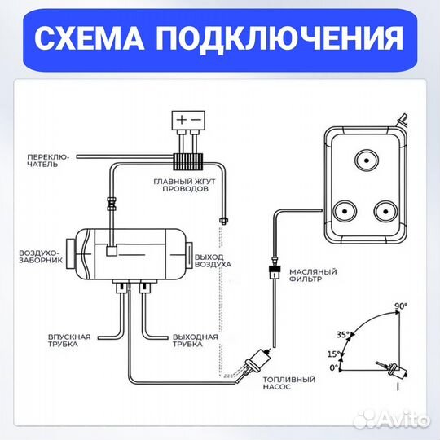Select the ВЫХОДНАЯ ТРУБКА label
(195, 340)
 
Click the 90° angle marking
(400, 306)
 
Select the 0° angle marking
(334, 368)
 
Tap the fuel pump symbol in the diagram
(259, 358)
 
